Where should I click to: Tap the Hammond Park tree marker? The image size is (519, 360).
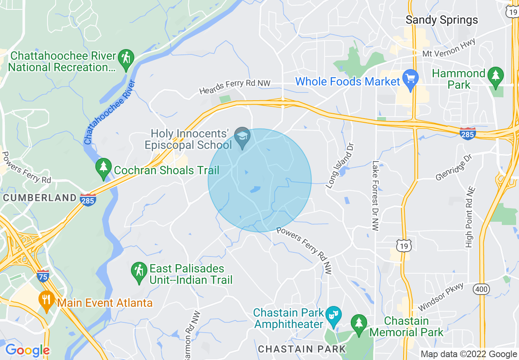point(496,76)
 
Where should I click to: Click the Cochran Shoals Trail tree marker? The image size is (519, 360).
point(104,167)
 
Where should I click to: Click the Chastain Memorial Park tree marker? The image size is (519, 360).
point(359,324)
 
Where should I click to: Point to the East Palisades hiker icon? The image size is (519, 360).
point(140,272)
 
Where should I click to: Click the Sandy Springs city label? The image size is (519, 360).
point(442,20)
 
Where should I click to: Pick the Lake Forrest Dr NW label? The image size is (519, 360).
point(376,196)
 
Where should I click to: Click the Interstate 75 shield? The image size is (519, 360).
point(43,275)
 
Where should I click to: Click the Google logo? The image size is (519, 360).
point(27,350)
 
